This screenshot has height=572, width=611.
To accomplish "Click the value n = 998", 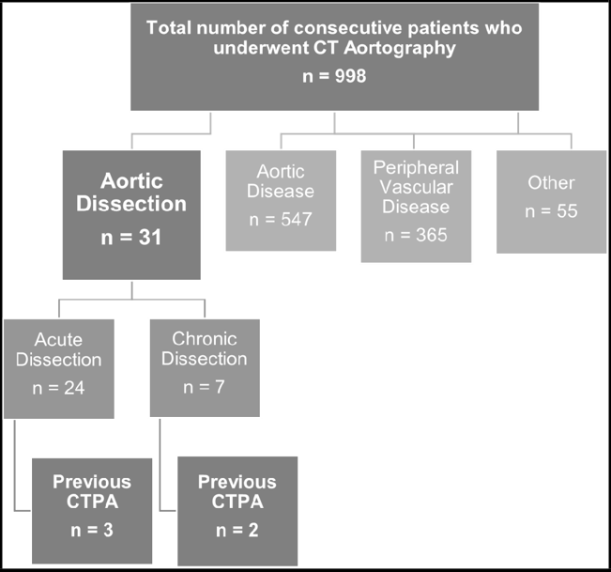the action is tap(334, 76).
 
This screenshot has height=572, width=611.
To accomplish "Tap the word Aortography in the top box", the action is tap(400, 48).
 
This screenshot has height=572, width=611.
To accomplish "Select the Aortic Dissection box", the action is tap(131, 215).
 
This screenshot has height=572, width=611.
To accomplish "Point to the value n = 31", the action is tap(131, 237).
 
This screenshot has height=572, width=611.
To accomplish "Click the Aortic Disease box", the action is tap(281, 200).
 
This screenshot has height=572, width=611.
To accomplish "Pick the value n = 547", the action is tap(281, 219).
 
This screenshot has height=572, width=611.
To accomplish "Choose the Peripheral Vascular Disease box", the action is tap(416, 207).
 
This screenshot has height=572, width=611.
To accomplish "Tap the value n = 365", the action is tap(416, 235).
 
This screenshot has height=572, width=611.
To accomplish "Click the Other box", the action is tap(551, 202).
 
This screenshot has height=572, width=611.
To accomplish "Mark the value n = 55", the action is tap(551, 211).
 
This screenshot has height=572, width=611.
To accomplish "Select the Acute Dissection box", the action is tap(59, 369).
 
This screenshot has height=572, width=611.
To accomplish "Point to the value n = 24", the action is tap(58, 388).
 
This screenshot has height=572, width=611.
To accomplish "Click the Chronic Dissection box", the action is tap(205, 368).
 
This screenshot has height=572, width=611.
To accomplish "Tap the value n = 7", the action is tap(205, 387).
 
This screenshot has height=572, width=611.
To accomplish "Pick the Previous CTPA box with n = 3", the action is tap(92, 511).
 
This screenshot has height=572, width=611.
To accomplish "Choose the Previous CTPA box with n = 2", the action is tap(237, 511).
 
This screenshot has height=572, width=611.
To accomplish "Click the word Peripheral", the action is tap(416, 168).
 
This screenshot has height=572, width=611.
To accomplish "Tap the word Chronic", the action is tap(205, 339).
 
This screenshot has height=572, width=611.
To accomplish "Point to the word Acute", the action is tap(58, 340).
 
